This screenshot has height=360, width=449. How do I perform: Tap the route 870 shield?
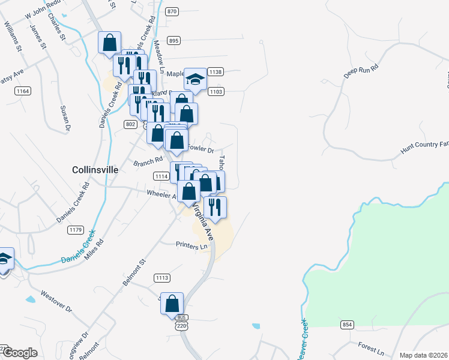point(173,11)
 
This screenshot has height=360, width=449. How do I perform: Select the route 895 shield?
point(174,41)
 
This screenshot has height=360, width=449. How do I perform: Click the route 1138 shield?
point(216,72)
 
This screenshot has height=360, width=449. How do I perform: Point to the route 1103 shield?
point(216,91)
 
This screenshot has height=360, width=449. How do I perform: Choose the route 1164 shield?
point(23,91)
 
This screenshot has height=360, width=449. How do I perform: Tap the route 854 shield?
point(347,325)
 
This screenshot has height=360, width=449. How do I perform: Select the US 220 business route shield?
point(181,323)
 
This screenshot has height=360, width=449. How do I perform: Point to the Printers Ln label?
point(191,245)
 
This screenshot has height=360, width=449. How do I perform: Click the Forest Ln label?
point(370,349)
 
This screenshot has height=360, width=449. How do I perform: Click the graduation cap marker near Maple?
point(195,79)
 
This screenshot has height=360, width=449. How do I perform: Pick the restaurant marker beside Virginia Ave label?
point(215,208)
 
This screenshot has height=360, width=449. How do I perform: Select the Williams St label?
point(13,36)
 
